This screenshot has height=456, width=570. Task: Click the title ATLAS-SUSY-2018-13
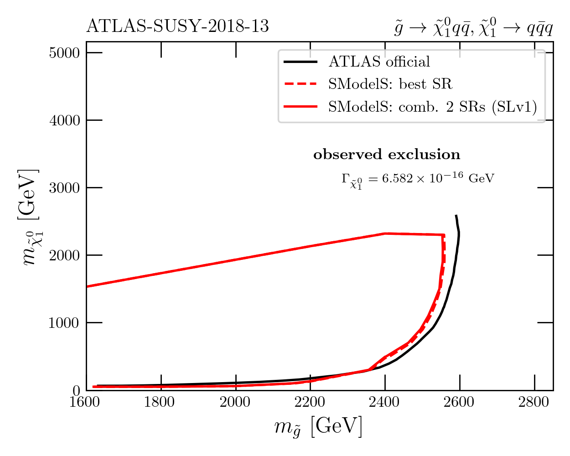177,27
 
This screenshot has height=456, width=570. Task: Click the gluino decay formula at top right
473,28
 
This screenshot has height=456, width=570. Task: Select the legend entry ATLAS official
379,62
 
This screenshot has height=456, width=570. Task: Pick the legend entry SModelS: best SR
390,84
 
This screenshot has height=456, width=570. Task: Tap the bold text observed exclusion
387,155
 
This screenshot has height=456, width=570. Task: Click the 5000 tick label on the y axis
64,53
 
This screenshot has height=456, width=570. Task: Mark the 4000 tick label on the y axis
64,120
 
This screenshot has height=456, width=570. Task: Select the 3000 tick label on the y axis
64,188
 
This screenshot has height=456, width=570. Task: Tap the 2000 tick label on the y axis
64,255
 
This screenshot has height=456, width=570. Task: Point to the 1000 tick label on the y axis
64,323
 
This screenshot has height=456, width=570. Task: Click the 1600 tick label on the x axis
86,402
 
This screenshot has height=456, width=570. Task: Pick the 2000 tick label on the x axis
236,402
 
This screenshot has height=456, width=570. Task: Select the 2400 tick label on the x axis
385,402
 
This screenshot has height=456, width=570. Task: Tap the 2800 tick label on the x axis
534,402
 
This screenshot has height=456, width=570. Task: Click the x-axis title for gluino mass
318,427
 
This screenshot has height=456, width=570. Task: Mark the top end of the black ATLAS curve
456,216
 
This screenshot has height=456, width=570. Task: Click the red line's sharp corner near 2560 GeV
444,235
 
